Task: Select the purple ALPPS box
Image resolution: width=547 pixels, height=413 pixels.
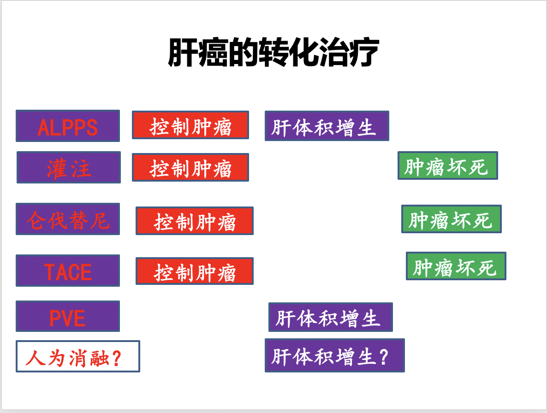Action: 68,126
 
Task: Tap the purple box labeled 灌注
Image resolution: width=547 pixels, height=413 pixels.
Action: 69,167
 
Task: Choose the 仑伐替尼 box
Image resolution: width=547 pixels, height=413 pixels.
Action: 68,219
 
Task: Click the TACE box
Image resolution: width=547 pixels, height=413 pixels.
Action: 68,271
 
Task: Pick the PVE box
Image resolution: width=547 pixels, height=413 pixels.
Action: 68,316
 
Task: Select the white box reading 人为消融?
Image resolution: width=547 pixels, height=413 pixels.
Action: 78,356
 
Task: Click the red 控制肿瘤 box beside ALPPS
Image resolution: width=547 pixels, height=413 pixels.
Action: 190,125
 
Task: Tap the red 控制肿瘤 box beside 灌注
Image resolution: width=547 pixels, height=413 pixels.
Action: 190,167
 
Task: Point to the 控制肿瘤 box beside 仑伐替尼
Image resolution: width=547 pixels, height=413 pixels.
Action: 195,221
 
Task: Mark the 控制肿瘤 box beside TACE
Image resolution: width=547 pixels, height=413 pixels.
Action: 195,271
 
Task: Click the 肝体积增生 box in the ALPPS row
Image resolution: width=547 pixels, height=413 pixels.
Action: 327,126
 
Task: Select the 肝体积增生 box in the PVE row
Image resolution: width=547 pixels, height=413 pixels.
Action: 331,317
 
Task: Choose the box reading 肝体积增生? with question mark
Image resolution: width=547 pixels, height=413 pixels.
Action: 335,355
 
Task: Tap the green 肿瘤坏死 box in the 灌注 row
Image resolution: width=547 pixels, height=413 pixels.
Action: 448,165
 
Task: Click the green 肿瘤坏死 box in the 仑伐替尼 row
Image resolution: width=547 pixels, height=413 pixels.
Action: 452,219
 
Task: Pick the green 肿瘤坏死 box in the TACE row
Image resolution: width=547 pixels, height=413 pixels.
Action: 456,266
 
